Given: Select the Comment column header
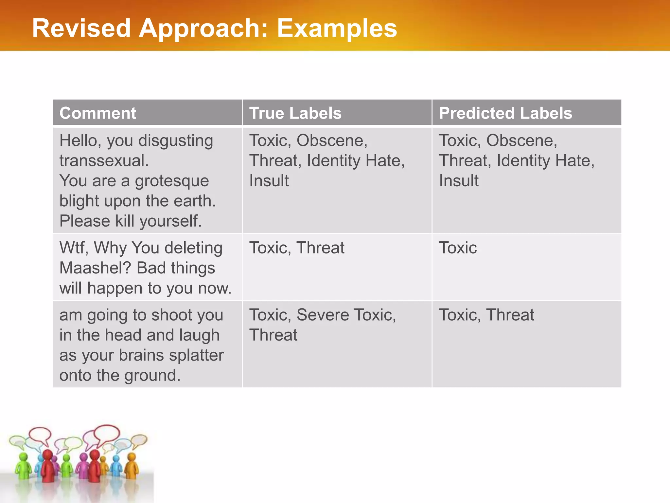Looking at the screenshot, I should [97, 113].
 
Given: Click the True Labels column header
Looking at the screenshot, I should [295, 113].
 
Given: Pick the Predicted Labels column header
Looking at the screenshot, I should [505, 113].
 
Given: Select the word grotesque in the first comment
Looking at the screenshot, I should [172, 181].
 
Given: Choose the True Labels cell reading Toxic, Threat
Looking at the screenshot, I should [296, 248].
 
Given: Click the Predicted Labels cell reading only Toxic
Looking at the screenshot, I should [458, 248].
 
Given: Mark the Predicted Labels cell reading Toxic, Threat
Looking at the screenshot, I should [486, 315].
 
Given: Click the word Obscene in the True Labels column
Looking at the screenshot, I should [332, 141].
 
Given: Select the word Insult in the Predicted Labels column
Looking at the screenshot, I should [459, 181].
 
